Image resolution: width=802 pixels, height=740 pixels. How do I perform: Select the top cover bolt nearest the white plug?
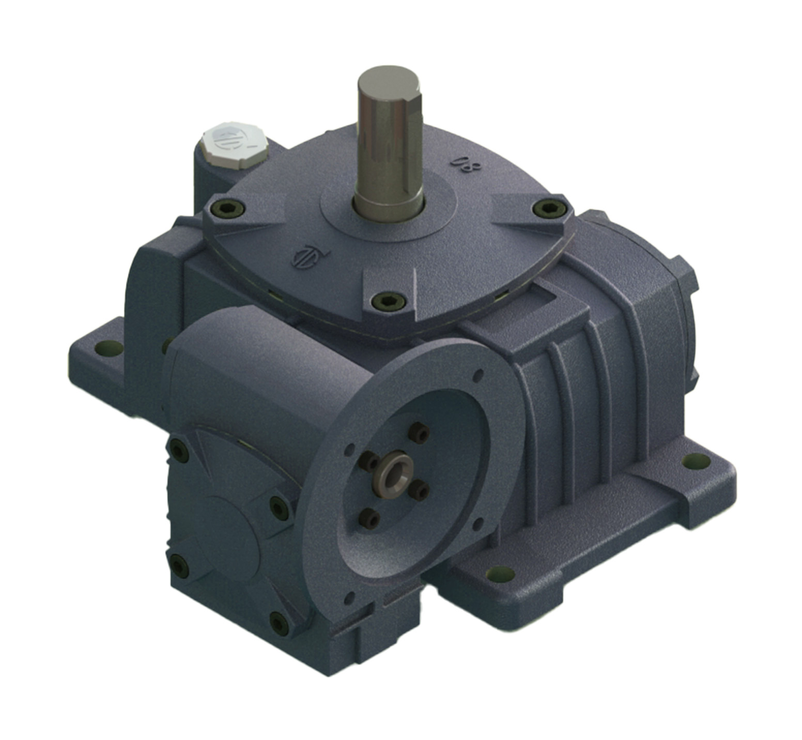coord(227,208)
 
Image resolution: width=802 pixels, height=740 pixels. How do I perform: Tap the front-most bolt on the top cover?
coord(387,300)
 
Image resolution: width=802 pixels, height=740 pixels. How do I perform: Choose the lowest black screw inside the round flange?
coord(369,517)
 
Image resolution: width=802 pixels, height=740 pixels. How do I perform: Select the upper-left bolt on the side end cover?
coord(179,451)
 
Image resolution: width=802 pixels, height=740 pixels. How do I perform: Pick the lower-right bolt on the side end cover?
coord(279,623)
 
